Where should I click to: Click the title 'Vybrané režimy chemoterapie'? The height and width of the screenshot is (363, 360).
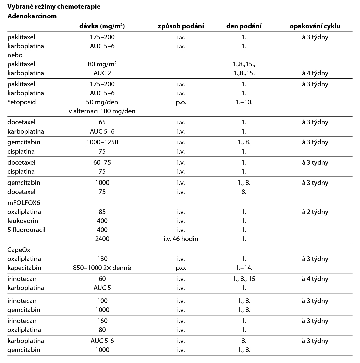pos(54,6)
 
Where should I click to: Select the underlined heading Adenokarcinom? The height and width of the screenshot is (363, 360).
pos(32,16)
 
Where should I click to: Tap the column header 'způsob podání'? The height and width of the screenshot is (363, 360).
pos(181,26)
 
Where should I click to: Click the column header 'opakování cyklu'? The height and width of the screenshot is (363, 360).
pos(315,26)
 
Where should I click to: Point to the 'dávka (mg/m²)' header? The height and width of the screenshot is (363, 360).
pos(102,26)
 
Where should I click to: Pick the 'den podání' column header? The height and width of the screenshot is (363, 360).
pos(244,26)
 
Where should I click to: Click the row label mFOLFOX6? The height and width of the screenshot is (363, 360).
pos(24,203)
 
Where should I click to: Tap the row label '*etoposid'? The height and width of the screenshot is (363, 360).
pos(21,102)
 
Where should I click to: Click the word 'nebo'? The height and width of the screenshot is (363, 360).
pos(15,55)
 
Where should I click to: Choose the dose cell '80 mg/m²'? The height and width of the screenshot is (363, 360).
pos(102,64)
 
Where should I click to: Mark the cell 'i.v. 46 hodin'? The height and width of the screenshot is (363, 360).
pos(181,239)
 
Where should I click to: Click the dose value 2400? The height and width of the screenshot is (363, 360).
pos(102,239)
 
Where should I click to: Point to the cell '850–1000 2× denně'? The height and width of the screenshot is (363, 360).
pos(102,268)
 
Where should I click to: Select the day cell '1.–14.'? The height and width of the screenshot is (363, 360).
pos(244,268)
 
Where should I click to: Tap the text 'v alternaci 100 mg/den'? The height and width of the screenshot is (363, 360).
pos(102,111)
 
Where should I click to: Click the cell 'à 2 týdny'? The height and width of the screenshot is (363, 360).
pos(315,212)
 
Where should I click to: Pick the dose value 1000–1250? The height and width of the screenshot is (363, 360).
pos(102,142)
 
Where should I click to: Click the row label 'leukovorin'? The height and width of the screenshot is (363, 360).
pos(23,221)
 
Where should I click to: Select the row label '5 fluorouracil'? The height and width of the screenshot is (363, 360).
pos(27,230)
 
